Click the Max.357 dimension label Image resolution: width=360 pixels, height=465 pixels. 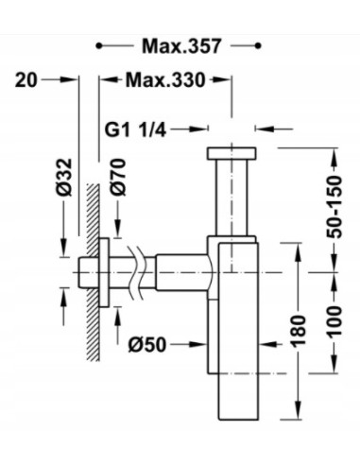(x=181, y=46)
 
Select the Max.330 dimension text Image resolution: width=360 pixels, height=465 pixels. (x=165, y=79)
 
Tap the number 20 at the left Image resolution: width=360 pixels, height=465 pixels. (x=26, y=79)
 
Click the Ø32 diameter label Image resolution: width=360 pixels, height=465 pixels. (x=65, y=177)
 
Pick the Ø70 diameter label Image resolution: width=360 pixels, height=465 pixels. (x=118, y=178)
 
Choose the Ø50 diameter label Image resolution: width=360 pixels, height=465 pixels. (x=147, y=345)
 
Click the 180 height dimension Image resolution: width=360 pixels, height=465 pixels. (x=299, y=331)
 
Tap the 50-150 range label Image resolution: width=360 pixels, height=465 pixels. (x=334, y=206)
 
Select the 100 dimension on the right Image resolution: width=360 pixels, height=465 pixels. (x=334, y=322)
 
